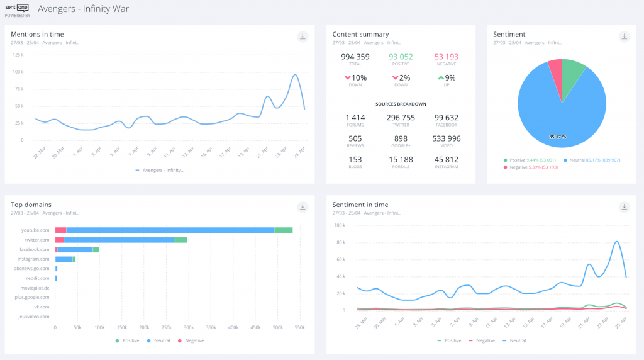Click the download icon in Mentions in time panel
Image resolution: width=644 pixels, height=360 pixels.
click(x=303, y=37)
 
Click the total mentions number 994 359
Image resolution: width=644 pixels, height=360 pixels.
click(x=355, y=57)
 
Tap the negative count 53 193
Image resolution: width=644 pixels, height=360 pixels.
click(x=447, y=57)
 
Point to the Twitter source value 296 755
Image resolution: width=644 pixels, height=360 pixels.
click(x=401, y=118)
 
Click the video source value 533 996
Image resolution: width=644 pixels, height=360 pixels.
click(x=447, y=138)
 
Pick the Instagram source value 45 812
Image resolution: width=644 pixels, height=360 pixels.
click(x=447, y=159)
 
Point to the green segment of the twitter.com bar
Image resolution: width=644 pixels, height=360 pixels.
click(x=180, y=240)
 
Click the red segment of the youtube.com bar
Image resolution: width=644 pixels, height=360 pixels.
click(x=60, y=230)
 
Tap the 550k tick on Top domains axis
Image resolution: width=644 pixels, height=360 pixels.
click(x=299, y=328)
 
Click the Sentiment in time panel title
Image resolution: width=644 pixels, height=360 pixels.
click(x=360, y=205)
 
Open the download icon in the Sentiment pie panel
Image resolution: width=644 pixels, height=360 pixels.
click(x=624, y=37)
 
